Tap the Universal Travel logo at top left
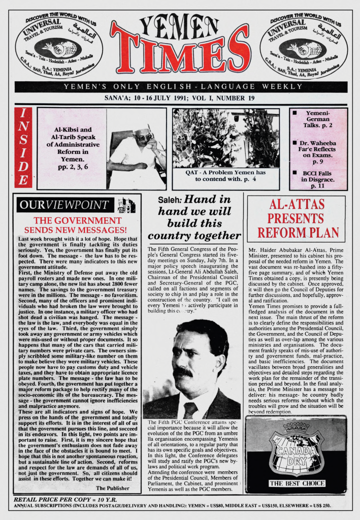coord(59,46)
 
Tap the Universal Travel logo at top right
coord(303,46)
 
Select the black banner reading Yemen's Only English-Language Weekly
coord(181,87)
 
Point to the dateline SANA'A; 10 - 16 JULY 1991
coord(181,99)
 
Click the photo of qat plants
coord(225,139)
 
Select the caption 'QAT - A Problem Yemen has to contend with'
coord(225,176)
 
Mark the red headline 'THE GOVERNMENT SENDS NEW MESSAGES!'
coord(77,225)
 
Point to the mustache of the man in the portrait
coord(184,372)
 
